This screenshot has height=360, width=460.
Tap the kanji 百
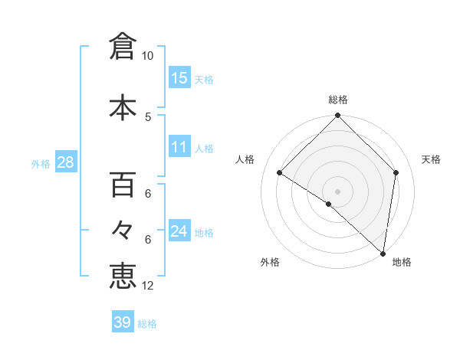(122, 185)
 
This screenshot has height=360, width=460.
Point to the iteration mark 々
(122, 229)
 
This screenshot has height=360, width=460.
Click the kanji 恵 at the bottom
(122, 276)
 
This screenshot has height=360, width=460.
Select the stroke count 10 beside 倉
(147, 56)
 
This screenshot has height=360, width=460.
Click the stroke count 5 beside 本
(147, 116)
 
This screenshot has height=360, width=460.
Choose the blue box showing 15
(179, 77)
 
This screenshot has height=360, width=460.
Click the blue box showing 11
(179, 147)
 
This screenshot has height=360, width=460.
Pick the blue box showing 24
(179, 231)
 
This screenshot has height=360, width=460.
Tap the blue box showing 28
(65, 162)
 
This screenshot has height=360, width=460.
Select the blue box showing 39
(122, 322)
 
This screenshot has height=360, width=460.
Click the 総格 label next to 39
(147, 324)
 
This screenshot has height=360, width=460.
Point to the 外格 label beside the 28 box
(41, 163)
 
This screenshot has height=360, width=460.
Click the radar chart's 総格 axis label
(337, 100)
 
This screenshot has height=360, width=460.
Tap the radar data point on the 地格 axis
(383, 253)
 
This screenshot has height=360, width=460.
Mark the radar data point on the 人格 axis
(280, 173)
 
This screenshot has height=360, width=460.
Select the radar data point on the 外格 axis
(329, 204)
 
